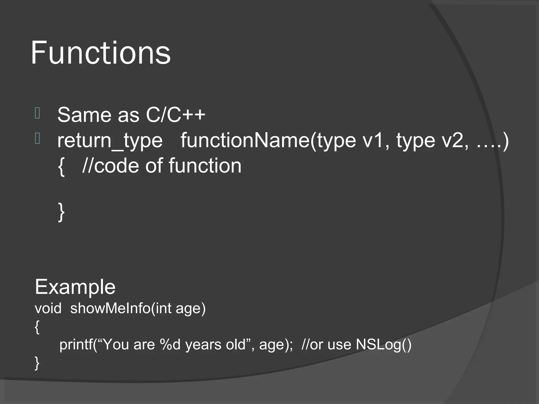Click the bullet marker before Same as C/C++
click(37, 114)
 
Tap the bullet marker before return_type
click(37, 139)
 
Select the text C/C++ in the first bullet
click(176, 115)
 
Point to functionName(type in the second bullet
click(268, 141)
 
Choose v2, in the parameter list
click(455, 141)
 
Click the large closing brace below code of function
click(61, 212)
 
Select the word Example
click(75, 287)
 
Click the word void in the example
click(48, 308)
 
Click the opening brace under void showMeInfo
click(37, 327)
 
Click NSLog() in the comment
click(383, 345)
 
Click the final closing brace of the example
click(37, 363)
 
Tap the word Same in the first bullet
click(84, 115)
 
